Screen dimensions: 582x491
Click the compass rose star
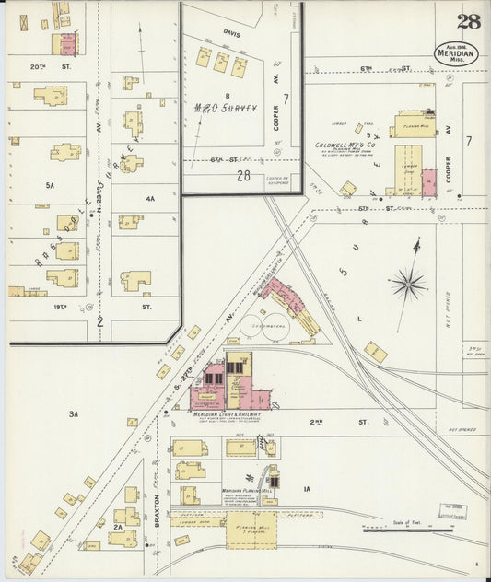click(406, 283)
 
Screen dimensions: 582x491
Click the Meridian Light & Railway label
click(227, 414)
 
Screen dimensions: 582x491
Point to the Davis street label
click(231, 33)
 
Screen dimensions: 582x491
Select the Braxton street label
click(157, 516)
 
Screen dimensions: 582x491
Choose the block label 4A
click(149, 198)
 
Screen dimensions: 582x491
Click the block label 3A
click(73, 414)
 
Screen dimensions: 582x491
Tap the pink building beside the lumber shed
click(429, 181)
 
